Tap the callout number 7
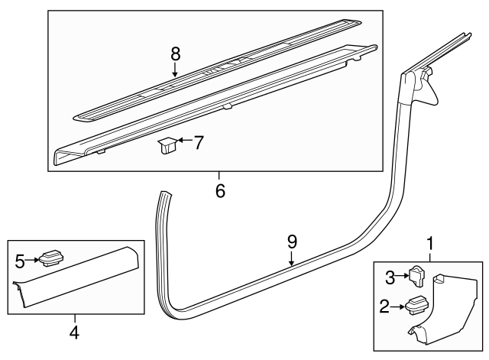[x=199, y=141]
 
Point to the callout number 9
[x=292, y=242]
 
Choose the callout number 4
[x=74, y=332]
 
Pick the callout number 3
[x=389, y=276]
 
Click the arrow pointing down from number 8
[x=175, y=71]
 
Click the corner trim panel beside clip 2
[x=451, y=306]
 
